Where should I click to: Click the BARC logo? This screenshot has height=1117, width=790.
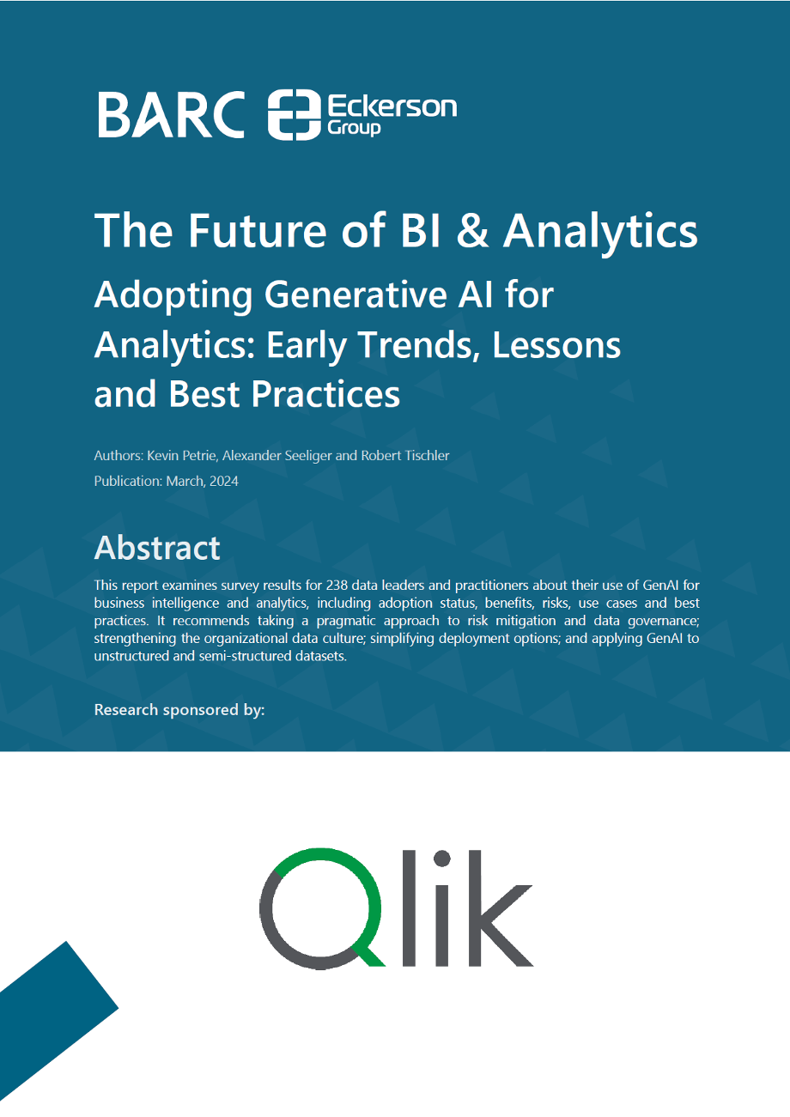point(171,114)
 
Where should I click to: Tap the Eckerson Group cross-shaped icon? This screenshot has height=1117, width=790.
point(295,115)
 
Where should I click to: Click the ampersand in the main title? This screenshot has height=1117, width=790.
point(472,230)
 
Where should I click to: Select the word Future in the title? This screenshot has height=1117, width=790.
point(257,230)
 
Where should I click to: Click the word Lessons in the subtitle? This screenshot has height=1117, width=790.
point(556,344)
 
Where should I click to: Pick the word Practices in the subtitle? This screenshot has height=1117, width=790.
point(325,394)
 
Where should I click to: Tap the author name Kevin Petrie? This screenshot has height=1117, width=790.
point(182,455)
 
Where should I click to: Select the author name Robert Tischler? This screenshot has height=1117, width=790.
point(405,455)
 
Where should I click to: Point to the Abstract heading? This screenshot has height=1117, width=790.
point(157,548)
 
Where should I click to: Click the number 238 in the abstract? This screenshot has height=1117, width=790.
point(337,585)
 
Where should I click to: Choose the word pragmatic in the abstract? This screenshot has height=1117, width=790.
point(346,621)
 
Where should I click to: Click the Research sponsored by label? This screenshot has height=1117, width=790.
point(179,709)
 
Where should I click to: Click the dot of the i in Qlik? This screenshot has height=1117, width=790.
point(442,859)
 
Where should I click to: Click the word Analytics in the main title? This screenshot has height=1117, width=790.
point(600,230)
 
